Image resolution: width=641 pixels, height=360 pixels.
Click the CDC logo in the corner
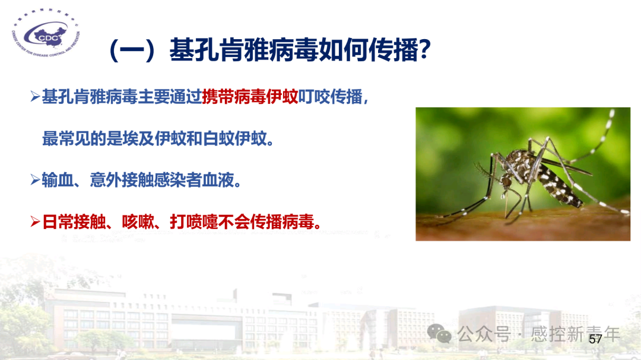[x=46, y=37]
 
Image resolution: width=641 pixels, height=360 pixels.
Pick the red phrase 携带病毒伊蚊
[x=250, y=97]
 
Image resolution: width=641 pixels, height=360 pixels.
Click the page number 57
[x=595, y=339]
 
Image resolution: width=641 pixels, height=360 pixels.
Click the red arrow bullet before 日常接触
[x=35, y=222]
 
